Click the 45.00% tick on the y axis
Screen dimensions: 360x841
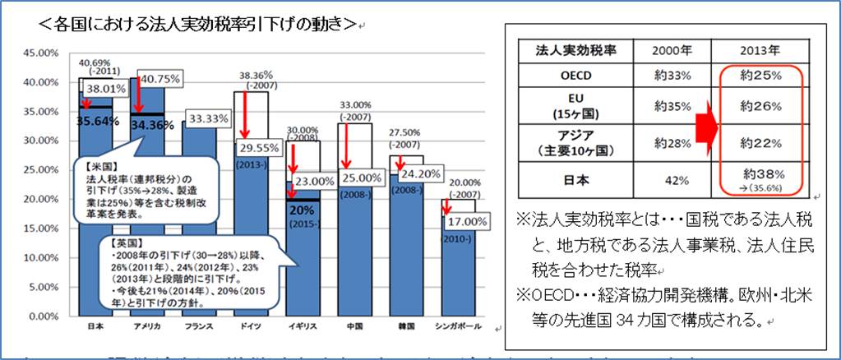40,53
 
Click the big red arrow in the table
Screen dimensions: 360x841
700,128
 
